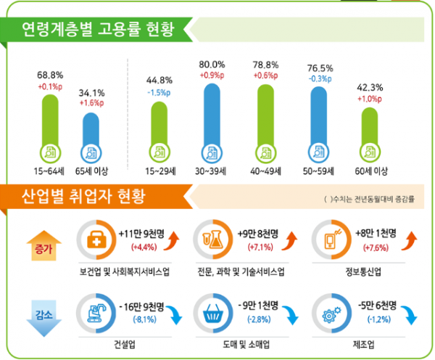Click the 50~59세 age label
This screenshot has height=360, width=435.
(x=320, y=172)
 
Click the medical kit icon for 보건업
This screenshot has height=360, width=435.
(x=95, y=241)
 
